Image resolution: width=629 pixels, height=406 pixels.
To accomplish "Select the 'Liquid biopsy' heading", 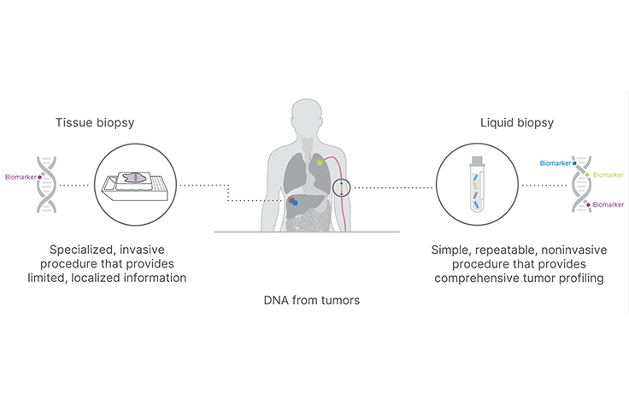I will tap(517, 122).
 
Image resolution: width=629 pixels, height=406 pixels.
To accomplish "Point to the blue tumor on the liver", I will tap(295, 203).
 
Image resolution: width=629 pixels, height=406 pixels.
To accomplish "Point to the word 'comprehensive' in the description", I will tap(475, 278).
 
